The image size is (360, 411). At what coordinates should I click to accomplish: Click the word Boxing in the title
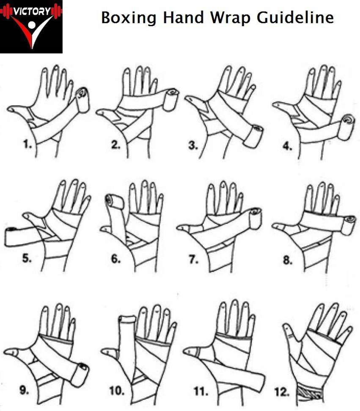129,18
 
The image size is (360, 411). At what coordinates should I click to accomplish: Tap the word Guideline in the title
295,18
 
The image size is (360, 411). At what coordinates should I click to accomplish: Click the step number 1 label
27,144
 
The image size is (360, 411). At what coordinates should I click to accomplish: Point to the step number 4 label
287,146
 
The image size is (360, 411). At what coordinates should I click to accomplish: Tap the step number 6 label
115,259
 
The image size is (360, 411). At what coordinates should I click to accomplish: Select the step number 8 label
288,260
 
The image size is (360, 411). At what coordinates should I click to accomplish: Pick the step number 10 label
117,391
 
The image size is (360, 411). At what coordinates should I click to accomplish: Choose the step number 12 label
282,392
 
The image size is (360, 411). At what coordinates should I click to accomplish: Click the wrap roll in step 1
83,100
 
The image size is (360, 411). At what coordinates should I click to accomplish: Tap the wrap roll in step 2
170,100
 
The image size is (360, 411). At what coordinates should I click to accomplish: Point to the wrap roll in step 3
253,136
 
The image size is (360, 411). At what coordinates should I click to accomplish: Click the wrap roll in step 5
11,237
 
